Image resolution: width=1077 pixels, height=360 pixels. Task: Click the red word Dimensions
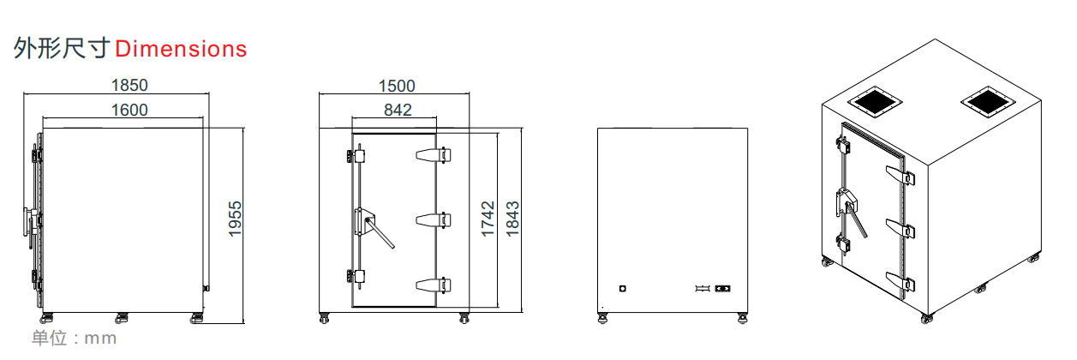pyautogui.click(x=181, y=49)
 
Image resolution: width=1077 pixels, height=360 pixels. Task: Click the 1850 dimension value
pyautogui.click(x=129, y=85)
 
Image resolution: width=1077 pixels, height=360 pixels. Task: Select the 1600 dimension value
pyautogui.click(x=129, y=109)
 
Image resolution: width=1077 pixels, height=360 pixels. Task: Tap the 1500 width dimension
pyautogui.click(x=396, y=85)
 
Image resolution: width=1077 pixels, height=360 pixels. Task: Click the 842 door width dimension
pyautogui.click(x=398, y=109)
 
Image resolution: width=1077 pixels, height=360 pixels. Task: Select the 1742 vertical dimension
pyautogui.click(x=488, y=219)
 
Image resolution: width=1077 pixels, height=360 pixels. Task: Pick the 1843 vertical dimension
pyautogui.click(x=512, y=219)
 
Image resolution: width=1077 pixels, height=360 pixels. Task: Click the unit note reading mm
pyautogui.click(x=74, y=338)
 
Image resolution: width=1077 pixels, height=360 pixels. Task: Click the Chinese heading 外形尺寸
pyautogui.click(x=61, y=49)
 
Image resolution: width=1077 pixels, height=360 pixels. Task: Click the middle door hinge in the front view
pyautogui.click(x=434, y=220)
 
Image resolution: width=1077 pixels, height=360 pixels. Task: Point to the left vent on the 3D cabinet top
pyautogui.click(x=875, y=101)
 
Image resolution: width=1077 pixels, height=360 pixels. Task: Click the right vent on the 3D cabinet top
pyautogui.click(x=987, y=101)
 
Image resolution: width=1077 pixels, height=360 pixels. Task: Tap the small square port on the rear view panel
pyautogui.click(x=622, y=289)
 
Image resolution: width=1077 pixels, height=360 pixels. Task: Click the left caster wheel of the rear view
pyautogui.click(x=604, y=319)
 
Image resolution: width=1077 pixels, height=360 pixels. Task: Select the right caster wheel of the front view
pyautogui.click(x=464, y=319)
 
